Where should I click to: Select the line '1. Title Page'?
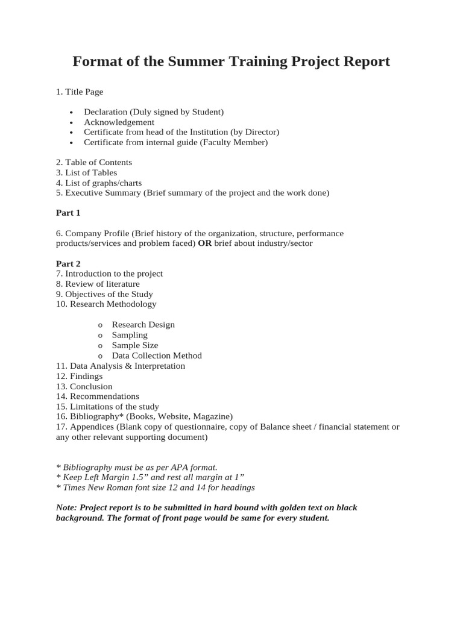79,92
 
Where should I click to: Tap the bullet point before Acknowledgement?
71,123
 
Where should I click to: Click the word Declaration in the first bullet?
106,112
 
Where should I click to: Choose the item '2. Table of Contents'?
93,163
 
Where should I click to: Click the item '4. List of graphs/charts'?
99,183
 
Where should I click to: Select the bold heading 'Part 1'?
68,213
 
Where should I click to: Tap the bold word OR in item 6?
204,243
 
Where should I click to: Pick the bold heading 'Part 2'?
68,264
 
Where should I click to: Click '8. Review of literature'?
97,284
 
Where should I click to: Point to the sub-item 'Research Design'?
143,325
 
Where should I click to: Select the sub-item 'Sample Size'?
134,345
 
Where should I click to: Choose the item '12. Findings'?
79,376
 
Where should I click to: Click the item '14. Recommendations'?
97,396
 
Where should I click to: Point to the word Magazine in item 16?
212,416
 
